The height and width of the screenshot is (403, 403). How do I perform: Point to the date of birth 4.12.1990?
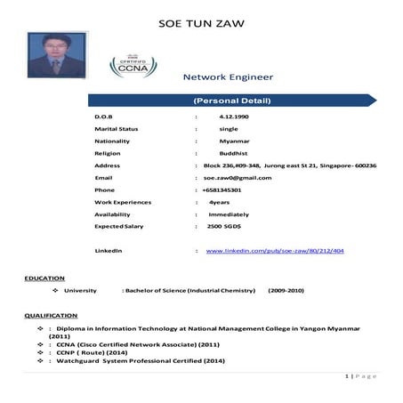pos(232,117)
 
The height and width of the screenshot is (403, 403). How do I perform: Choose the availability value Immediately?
pos(229,214)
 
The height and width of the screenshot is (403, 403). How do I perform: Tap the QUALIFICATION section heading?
pos(51,316)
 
